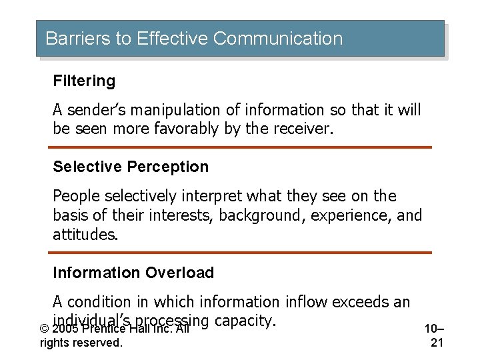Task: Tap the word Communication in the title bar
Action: coord(279,39)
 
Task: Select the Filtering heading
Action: coord(84,81)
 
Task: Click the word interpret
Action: coord(212,197)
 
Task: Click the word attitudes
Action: coord(85,235)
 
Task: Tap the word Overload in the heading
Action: coord(183,273)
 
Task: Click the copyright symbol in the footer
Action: coord(44,329)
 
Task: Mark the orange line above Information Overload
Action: coord(240,253)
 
